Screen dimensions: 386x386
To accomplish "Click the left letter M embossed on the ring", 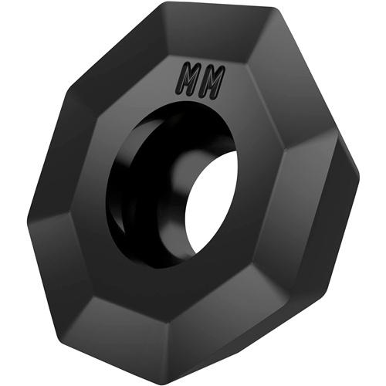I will pyautogui.click(x=191, y=80).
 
